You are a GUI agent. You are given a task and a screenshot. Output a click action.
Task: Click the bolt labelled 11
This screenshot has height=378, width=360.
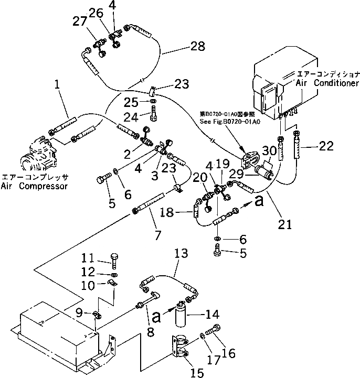[x=114, y=257]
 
